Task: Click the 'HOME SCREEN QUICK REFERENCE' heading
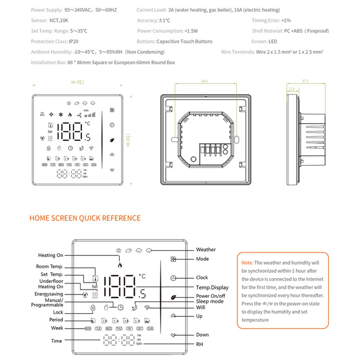(x=85, y=218)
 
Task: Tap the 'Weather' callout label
(x=206, y=249)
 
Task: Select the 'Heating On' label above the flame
(x=50, y=255)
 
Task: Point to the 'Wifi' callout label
(x=201, y=307)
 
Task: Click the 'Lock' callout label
(x=58, y=312)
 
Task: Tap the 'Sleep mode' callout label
(x=210, y=301)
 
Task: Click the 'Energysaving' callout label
(x=49, y=294)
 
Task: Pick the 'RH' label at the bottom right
(x=199, y=344)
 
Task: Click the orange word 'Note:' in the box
(x=247, y=263)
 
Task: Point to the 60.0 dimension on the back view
(x=204, y=81)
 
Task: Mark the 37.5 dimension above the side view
(x=305, y=81)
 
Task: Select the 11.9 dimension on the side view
(x=291, y=89)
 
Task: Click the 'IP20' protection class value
(x=74, y=41)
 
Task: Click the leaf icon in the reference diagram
(x=174, y=297)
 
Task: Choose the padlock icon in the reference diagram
(x=93, y=307)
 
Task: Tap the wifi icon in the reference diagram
(x=147, y=307)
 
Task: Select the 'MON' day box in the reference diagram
(x=88, y=328)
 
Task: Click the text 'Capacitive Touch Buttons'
(x=184, y=41)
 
